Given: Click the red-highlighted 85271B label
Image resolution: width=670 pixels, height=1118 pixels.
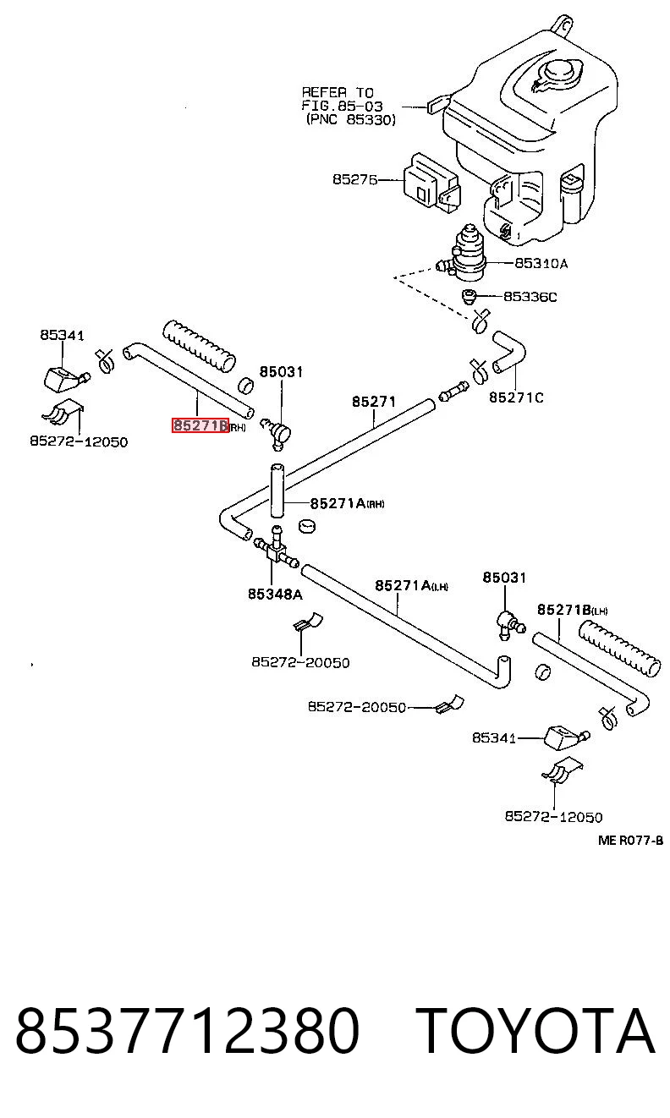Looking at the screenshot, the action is (200, 425).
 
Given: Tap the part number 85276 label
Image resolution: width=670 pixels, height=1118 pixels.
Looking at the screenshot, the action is (355, 179).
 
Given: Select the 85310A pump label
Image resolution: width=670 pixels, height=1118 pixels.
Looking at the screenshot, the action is (541, 263).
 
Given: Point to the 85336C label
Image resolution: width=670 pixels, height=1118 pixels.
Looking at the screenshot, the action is (530, 297).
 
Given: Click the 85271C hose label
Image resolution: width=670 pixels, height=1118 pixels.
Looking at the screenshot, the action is (516, 397).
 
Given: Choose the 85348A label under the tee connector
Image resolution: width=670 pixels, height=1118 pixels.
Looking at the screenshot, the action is (275, 594).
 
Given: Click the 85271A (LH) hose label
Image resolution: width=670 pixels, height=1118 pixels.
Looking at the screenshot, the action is (412, 585).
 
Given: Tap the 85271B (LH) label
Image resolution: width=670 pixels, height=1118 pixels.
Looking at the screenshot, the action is (572, 610).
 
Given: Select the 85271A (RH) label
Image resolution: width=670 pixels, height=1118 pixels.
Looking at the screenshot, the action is (348, 502).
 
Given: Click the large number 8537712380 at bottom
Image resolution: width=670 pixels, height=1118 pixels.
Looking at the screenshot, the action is (188, 1031).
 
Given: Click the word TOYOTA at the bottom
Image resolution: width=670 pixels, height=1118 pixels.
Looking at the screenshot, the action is (535, 1031).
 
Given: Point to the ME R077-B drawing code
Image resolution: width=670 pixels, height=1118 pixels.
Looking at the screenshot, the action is (630, 841).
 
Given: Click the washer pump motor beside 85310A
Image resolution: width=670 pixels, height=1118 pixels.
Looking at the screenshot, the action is (467, 253).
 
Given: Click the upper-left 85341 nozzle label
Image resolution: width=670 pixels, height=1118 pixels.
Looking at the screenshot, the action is (62, 335).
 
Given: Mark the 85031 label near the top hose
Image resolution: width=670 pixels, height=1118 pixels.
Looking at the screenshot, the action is (281, 371).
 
